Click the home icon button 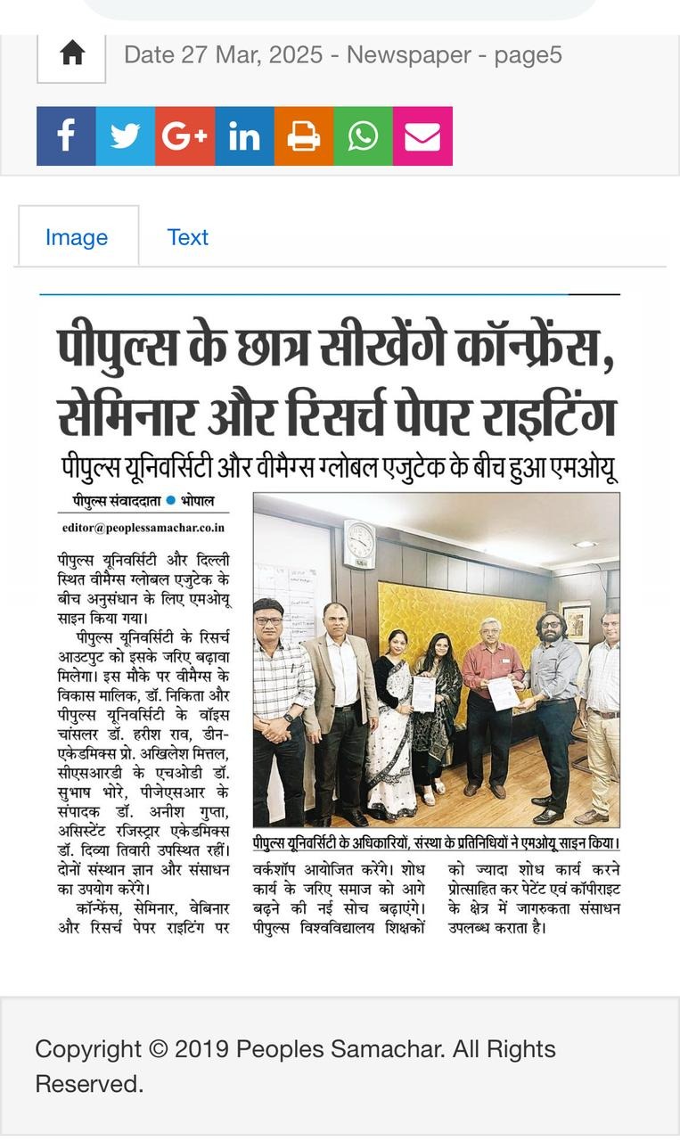coord(71,54)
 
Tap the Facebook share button coord(66,136)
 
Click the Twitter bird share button coord(126,136)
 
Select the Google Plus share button coord(184,136)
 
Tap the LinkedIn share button coord(244,136)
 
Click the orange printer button coord(304,136)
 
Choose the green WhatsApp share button coord(363,136)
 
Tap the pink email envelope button coord(422,136)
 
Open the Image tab coord(77,237)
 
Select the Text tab coord(187,237)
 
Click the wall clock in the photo coord(360,543)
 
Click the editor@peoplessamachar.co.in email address coord(143,528)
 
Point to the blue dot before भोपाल coord(171,501)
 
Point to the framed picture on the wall coord(577,625)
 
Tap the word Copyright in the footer coord(85,1049)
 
